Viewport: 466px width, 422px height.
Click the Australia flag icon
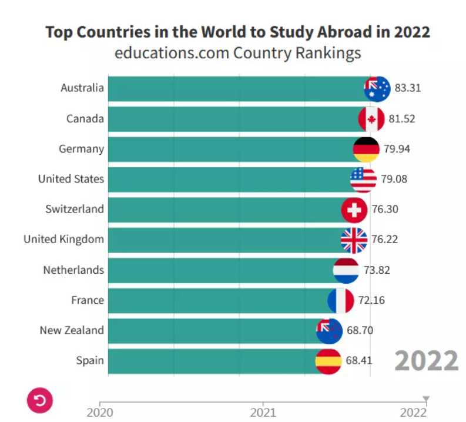(377, 89)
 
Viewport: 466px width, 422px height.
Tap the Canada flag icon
(371, 119)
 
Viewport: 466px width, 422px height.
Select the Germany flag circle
(366, 149)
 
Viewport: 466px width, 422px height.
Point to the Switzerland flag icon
(354, 210)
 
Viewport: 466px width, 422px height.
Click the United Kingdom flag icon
(354, 240)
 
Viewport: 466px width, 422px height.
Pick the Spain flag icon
(328, 360)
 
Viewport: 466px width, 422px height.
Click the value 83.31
(408, 88)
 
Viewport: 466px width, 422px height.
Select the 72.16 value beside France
(371, 300)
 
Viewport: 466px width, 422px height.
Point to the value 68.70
(360, 330)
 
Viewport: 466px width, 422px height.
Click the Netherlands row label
(73, 270)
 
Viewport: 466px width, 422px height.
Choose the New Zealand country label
(72, 330)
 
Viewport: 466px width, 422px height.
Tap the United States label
(71, 179)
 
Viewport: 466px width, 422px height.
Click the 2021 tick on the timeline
(263, 413)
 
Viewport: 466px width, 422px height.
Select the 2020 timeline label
(99, 413)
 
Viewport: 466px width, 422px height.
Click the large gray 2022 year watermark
(426, 360)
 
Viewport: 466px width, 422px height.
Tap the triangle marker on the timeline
(427, 400)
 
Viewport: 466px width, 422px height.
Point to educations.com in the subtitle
(172, 53)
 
